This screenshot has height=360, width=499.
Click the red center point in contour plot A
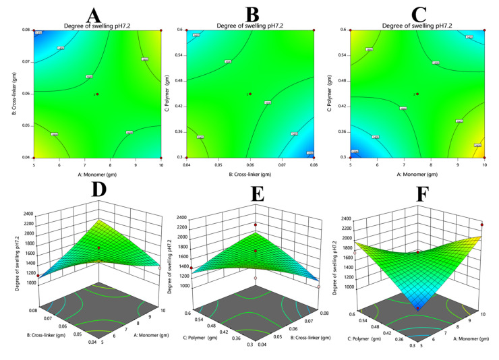click(x=98, y=94)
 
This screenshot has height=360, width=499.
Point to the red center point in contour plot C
click(x=418, y=94)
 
